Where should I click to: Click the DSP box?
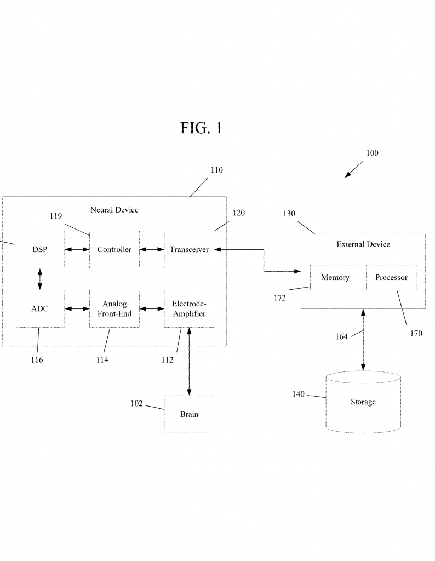point(39,249)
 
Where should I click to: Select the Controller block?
point(115,249)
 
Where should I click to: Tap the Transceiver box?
point(189,249)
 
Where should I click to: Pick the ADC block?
point(39,308)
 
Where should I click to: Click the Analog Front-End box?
point(115,308)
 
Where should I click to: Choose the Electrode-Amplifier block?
point(189,308)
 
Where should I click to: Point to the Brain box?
point(189,414)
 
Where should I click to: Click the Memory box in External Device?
point(335,277)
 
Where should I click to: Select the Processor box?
point(391,277)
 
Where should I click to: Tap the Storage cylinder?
point(363,402)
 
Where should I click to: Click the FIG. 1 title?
point(201,128)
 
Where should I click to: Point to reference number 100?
point(372,153)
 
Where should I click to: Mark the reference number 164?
point(341,336)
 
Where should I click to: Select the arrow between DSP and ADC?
point(39,279)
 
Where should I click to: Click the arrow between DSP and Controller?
point(77,250)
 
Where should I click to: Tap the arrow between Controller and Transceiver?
point(152,250)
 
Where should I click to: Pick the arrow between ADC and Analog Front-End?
point(77,309)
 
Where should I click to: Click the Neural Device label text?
point(115,210)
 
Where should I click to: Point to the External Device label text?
point(363,244)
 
